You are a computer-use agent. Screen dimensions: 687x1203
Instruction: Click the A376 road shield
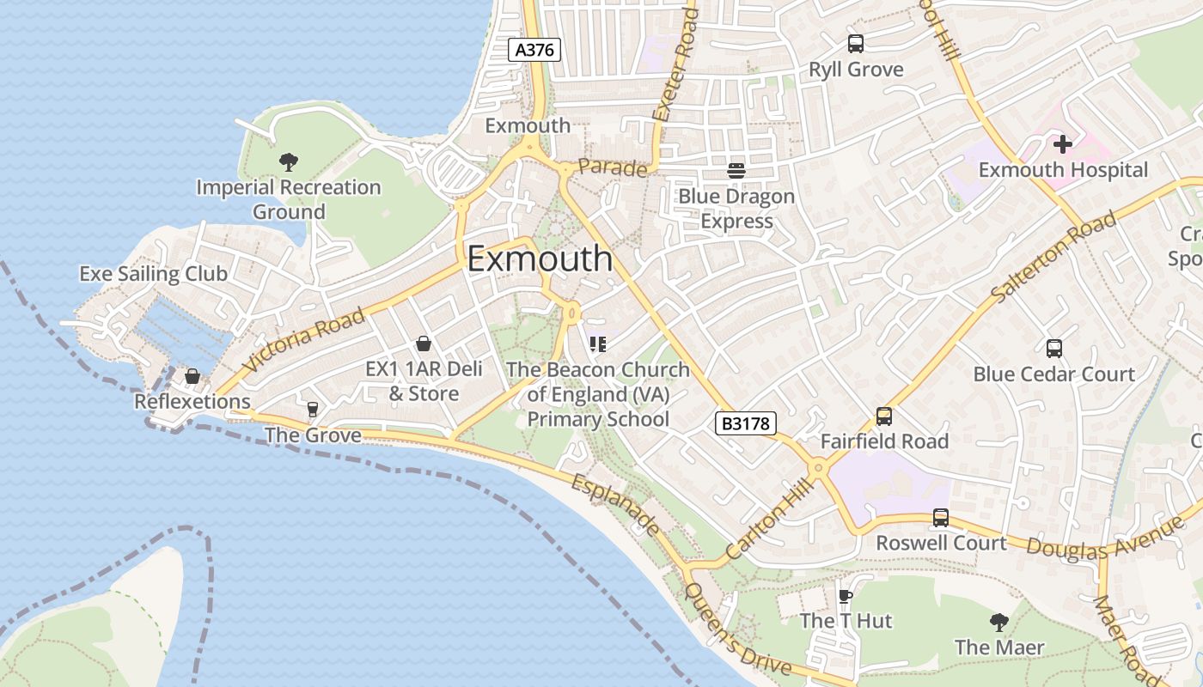point(534,50)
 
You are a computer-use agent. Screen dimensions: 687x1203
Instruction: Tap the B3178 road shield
point(745,423)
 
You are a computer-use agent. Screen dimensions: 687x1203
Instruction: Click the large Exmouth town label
point(540,258)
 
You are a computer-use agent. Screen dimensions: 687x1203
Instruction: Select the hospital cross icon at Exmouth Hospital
point(1063,144)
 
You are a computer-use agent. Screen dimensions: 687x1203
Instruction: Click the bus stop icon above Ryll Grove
point(855,44)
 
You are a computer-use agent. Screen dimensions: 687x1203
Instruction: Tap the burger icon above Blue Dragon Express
point(736,170)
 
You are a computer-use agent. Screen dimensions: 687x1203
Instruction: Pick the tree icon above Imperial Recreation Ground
point(289,161)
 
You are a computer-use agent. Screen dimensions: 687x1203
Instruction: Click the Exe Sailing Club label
point(153,273)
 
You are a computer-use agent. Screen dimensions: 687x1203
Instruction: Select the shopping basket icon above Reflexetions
point(192,376)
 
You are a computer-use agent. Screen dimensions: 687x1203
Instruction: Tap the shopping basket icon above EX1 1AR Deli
point(424,343)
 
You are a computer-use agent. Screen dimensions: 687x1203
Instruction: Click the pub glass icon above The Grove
point(312,410)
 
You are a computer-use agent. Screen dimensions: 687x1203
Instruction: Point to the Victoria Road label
point(303,340)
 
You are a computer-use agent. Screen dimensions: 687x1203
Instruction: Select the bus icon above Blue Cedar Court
point(1054,348)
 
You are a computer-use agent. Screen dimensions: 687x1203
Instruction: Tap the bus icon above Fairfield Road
point(884,416)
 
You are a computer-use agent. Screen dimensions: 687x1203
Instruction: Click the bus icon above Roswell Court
point(941,518)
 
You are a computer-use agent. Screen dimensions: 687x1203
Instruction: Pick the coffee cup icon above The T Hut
point(846,595)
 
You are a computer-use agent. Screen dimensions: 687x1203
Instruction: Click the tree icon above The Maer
point(998,621)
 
